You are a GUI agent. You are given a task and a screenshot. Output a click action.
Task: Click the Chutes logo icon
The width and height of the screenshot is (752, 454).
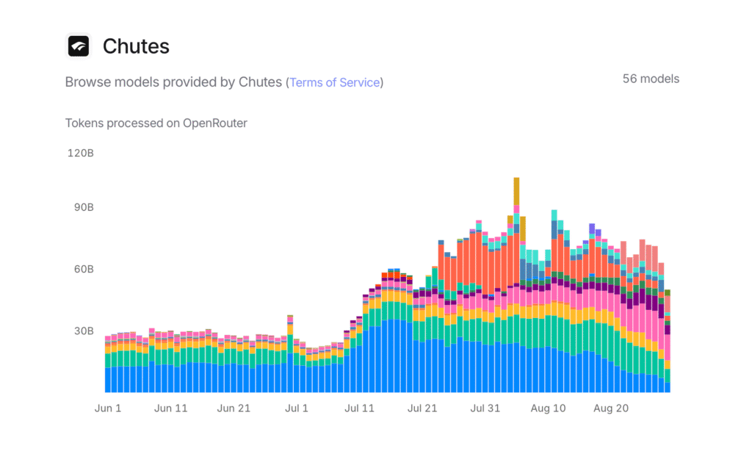79,46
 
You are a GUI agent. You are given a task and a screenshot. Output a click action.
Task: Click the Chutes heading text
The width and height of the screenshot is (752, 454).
136,46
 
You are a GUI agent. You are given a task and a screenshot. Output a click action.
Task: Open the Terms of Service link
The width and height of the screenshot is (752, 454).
335,82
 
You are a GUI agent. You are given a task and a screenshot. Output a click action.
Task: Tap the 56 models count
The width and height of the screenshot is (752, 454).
651,79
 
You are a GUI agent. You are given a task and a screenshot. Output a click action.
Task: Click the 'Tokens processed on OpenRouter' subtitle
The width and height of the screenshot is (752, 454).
156,123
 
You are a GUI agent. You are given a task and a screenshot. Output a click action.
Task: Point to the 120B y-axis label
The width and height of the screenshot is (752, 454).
80,154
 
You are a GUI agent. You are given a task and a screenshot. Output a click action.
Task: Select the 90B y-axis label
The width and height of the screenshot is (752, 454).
80,208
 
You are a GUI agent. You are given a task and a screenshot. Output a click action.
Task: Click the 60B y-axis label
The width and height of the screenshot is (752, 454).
80,270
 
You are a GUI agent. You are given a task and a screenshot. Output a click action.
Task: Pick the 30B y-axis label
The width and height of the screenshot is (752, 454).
80,331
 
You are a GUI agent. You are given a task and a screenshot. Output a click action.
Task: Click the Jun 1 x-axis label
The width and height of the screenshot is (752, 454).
108,408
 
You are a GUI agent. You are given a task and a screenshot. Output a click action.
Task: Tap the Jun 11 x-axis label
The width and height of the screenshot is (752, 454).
171,408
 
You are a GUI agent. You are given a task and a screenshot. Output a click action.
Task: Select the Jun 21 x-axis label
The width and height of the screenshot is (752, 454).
234,408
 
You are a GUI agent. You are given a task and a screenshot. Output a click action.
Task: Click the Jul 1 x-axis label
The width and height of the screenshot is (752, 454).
296,408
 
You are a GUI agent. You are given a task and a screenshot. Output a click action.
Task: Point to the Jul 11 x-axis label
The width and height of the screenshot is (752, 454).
359,408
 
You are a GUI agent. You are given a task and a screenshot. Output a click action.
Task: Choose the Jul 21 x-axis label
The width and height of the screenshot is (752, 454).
422,408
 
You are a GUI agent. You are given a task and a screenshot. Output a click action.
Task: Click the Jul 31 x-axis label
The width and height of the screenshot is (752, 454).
485,408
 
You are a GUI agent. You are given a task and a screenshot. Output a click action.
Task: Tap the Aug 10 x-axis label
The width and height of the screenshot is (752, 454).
548,408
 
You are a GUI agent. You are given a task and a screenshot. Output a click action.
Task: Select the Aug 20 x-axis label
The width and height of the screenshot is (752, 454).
611,408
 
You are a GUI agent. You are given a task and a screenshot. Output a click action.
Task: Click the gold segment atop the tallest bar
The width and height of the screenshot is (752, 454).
516,190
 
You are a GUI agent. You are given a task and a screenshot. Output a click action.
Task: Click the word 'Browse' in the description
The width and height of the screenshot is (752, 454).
87,82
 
